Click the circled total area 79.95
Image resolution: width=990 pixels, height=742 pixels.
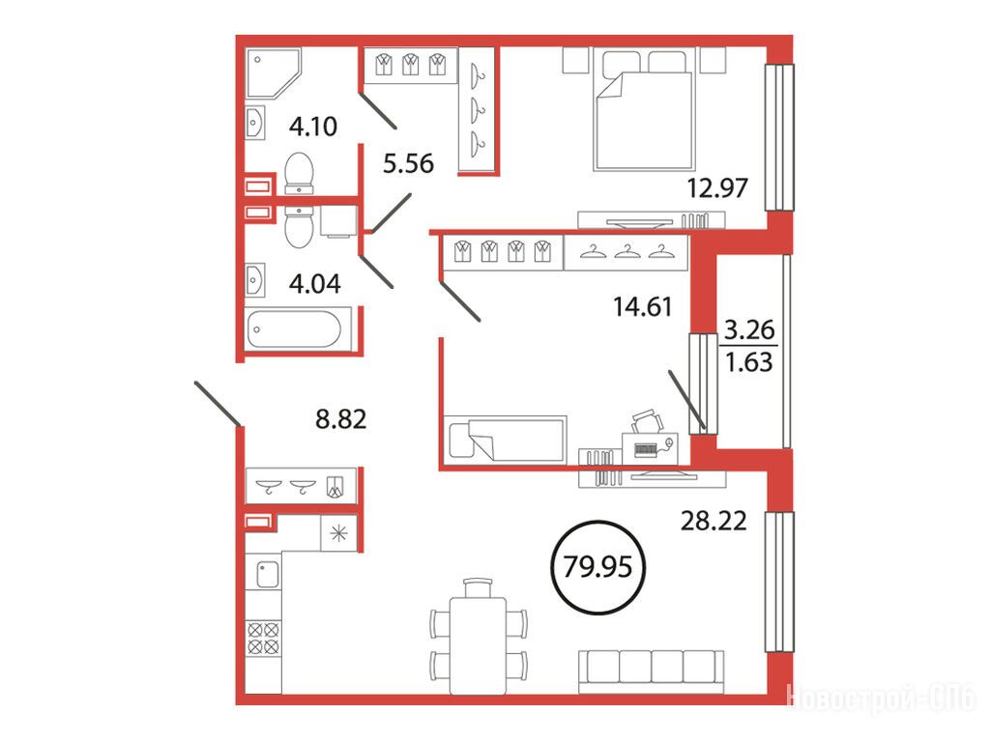[597, 566]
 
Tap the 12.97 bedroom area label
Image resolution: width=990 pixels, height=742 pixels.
[717, 188]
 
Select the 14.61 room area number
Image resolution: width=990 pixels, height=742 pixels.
[643, 306]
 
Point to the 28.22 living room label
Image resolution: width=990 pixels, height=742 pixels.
[713, 521]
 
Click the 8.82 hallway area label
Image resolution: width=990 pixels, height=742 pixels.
[341, 419]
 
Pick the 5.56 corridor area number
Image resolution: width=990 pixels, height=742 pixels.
[409, 163]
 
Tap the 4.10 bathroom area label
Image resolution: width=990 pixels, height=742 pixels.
[313, 127]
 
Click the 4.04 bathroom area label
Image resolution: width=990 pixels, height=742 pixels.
[314, 284]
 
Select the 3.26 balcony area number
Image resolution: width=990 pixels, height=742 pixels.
[749, 329]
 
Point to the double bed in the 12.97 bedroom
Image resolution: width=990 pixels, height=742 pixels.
[644, 109]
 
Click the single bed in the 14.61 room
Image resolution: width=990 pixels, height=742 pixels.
[505, 440]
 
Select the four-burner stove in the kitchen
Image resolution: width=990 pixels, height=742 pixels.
[263, 638]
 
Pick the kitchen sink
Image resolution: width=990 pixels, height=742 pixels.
[267, 575]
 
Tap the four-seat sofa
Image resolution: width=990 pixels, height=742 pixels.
[651, 671]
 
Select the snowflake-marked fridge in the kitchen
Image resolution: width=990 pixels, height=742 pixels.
[339, 534]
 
